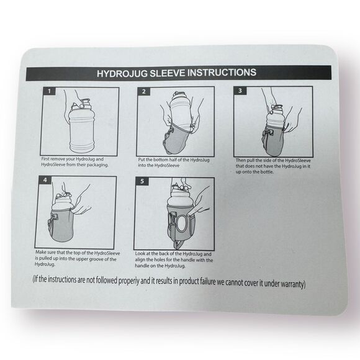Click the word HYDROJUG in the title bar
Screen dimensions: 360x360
[122, 73]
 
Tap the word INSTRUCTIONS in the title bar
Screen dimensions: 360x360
[222, 73]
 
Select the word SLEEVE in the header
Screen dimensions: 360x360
[168, 73]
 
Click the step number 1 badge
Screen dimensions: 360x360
[49, 91]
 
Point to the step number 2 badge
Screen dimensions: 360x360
[144, 91]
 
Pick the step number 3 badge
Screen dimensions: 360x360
[240, 91]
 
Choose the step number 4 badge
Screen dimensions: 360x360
[45, 180]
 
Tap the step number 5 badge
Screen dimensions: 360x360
[142, 181]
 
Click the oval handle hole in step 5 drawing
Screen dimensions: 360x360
[182, 223]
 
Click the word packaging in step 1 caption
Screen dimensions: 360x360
[97, 165]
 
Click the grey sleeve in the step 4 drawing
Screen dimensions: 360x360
[60, 227]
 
